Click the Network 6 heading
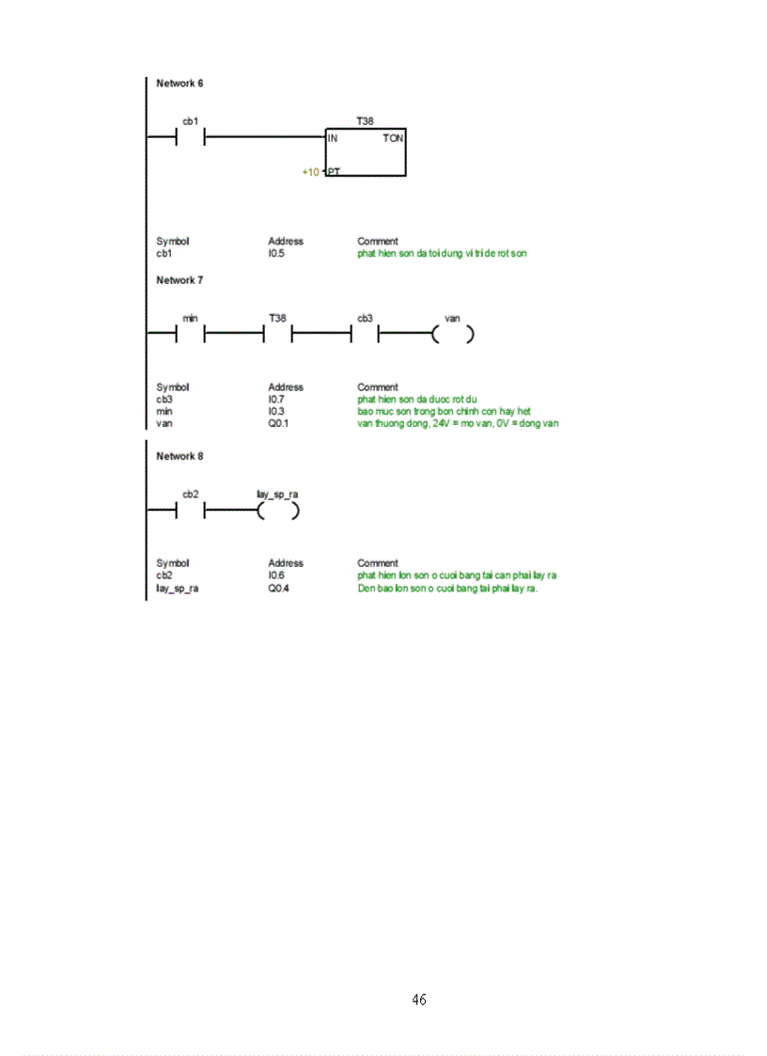(x=180, y=84)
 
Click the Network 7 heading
(x=180, y=280)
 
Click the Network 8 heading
(x=180, y=456)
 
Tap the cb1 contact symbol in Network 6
(x=191, y=138)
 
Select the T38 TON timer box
(x=366, y=152)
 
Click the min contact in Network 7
(x=191, y=334)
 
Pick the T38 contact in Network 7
(x=277, y=334)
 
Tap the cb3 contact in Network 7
(x=365, y=334)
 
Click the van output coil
(x=452, y=334)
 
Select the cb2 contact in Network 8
(x=191, y=511)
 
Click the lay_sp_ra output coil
(x=278, y=511)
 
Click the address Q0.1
(x=277, y=423)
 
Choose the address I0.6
(x=276, y=575)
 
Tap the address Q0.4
(x=277, y=589)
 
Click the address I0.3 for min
(x=276, y=411)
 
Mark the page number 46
(x=419, y=1000)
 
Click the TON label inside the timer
(x=394, y=138)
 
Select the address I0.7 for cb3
(x=276, y=399)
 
